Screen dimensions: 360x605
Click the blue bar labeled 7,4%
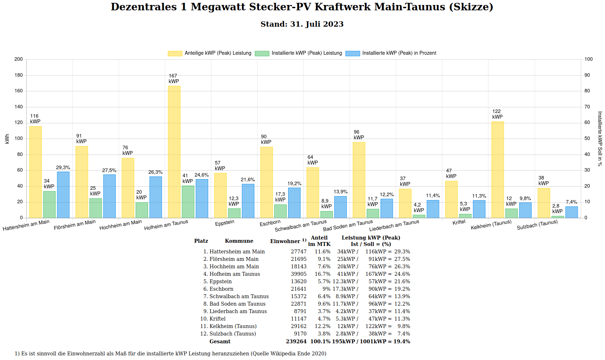(572, 212)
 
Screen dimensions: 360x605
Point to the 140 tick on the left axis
(18, 107)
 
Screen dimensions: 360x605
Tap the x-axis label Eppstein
(225, 223)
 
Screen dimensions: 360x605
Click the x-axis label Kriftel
(459, 222)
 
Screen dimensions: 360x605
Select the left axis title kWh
(7, 139)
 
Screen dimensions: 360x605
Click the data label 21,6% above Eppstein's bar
(248, 180)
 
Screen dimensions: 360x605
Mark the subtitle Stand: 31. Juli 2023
(302, 24)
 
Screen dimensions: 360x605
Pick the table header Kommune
(239, 241)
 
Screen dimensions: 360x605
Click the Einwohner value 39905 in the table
(298, 274)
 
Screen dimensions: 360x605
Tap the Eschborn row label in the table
(221, 289)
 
